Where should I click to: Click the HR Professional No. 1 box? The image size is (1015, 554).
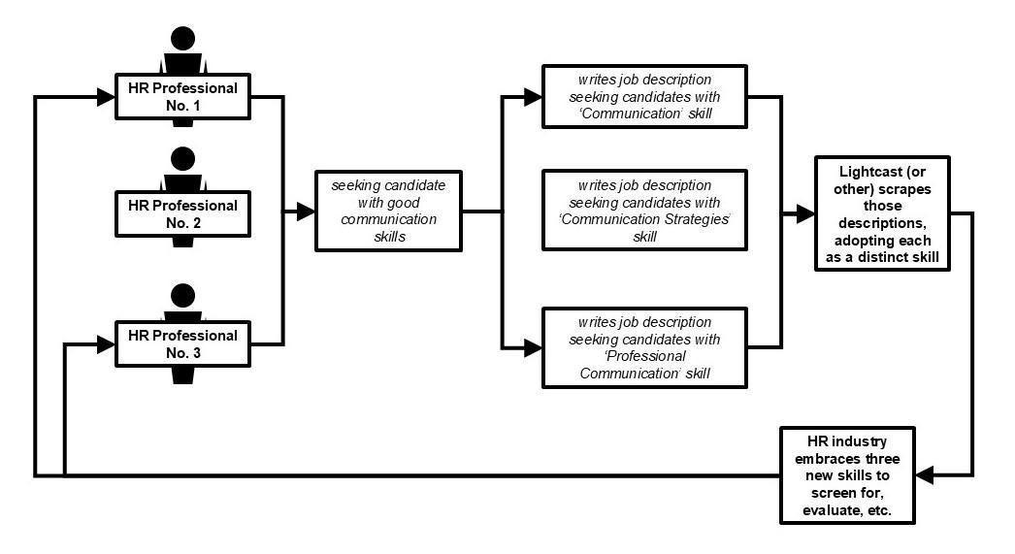(x=182, y=96)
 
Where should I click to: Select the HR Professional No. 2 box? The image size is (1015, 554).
(x=182, y=213)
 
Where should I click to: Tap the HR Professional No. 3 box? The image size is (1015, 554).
(x=182, y=343)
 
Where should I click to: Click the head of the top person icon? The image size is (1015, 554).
(x=183, y=39)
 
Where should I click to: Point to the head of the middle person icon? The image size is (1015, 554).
(x=183, y=159)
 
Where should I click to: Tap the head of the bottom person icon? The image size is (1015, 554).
(x=183, y=296)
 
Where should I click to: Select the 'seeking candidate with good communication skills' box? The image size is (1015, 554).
(x=388, y=211)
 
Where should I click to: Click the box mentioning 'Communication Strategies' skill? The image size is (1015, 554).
(x=644, y=211)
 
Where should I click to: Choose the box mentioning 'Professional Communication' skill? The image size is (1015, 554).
(x=644, y=347)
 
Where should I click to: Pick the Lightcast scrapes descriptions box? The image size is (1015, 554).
(x=882, y=213)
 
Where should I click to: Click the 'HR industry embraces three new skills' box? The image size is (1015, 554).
(x=847, y=475)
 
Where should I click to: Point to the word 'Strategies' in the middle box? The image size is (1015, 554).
(x=696, y=219)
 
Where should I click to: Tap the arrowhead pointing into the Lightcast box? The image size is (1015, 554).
(x=805, y=213)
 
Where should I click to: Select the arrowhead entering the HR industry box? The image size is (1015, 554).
(x=925, y=475)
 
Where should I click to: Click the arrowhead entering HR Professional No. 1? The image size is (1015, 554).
(x=106, y=97)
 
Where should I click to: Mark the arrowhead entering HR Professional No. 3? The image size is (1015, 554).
(x=106, y=344)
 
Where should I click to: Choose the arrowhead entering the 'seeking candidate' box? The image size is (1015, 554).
(x=306, y=211)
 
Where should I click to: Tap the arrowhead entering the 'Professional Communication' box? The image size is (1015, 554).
(x=533, y=348)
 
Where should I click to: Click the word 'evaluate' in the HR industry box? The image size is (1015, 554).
(x=830, y=510)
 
